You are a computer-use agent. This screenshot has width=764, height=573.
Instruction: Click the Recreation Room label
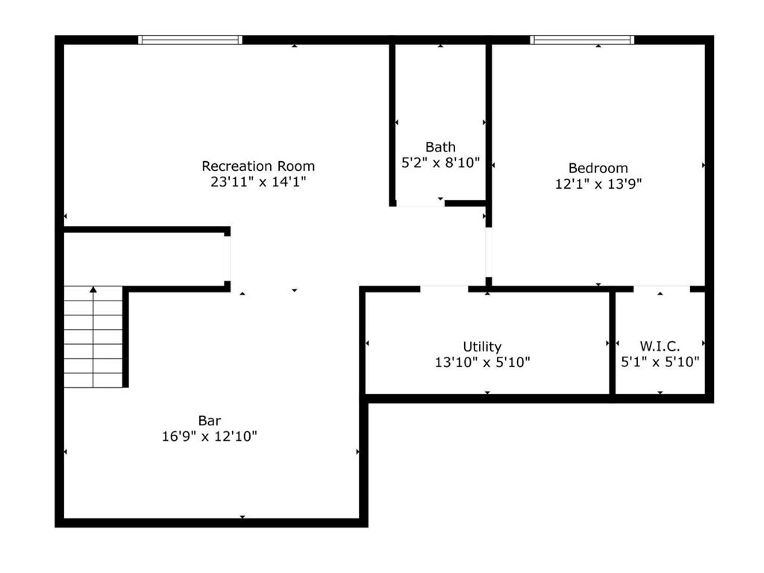[x=258, y=166]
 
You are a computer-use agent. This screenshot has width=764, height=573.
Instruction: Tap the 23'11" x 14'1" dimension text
[x=258, y=182]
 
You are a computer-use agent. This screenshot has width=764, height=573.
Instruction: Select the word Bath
[x=440, y=147]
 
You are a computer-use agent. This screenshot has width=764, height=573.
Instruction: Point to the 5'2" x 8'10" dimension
[x=440, y=162]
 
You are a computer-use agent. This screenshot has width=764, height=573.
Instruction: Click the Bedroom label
[x=598, y=168]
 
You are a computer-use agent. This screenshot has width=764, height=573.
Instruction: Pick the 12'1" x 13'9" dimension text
[x=598, y=184]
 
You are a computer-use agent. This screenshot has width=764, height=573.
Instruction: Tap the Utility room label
[x=482, y=346]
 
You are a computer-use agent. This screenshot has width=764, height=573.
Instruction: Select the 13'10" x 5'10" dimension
[x=483, y=362]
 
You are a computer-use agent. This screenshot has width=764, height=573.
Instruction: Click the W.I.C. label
[x=660, y=346]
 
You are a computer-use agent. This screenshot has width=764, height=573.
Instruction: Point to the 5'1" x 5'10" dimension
[x=660, y=362]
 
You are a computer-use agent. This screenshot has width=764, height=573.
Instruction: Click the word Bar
[x=210, y=421]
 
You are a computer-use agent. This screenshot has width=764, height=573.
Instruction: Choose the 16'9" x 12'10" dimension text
[x=210, y=436]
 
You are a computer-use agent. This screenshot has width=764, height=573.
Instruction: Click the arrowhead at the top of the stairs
[x=93, y=289]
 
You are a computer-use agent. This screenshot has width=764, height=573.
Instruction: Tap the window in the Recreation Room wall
[x=190, y=40]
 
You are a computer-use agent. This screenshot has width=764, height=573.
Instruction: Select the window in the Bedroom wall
[x=582, y=40]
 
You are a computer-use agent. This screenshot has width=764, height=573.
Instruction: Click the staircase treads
[x=93, y=336]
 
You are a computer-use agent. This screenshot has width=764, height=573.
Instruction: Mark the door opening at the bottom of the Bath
[x=420, y=204]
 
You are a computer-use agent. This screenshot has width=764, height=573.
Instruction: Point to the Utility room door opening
[x=445, y=289]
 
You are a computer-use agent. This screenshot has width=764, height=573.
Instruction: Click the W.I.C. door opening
[x=662, y=289]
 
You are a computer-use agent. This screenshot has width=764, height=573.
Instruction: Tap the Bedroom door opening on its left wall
[x=489, y=252]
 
